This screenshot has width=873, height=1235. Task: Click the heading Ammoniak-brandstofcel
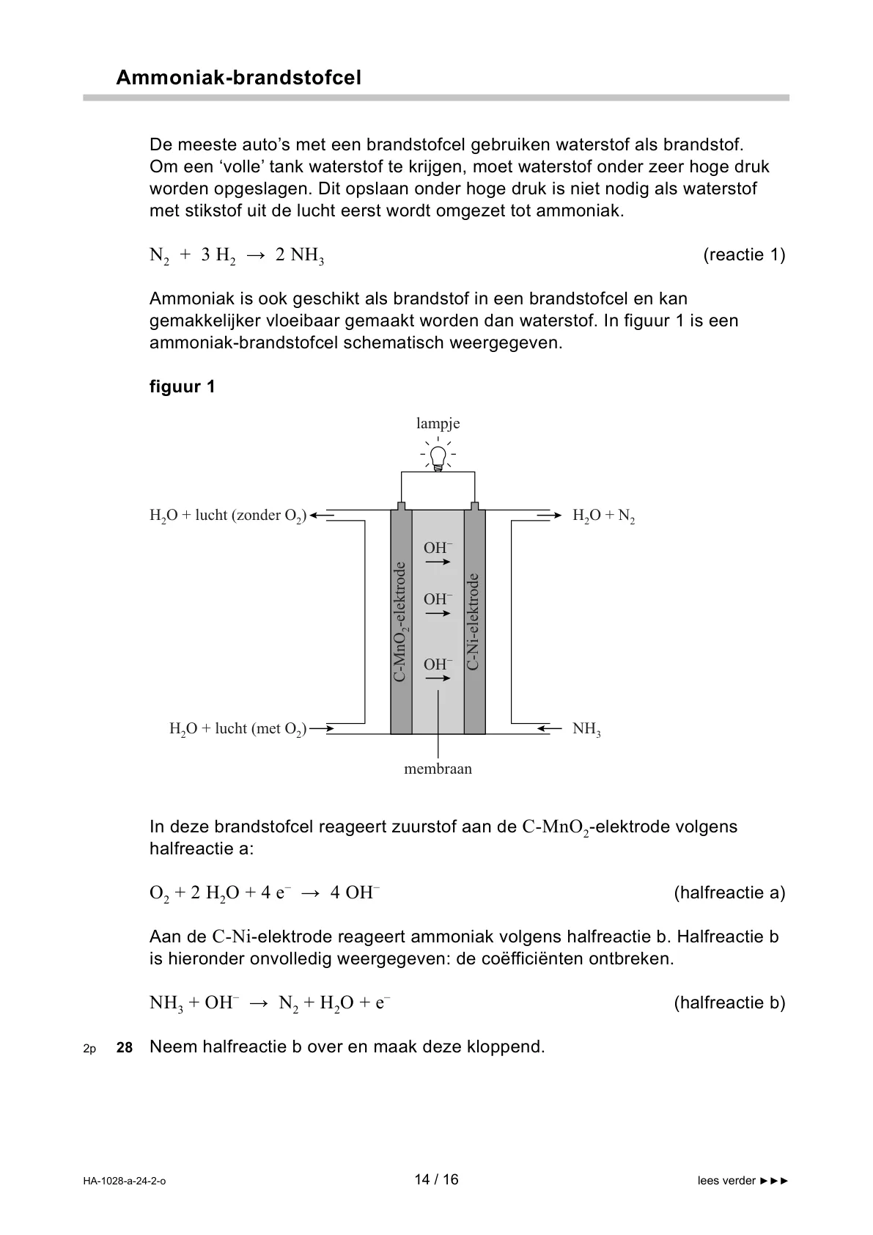[238, 78]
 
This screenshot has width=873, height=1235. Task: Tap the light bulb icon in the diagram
[438, 456]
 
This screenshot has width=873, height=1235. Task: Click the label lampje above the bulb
[438, 423]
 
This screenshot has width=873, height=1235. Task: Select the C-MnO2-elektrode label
[400, 622]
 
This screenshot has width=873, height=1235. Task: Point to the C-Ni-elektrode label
[474, 622]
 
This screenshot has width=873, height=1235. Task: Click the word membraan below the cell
[438, 769]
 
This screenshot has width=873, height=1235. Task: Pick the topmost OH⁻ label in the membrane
[438, 548]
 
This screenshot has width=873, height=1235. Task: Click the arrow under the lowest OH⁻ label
[438, 679]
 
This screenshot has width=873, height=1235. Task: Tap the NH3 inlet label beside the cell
[586, 729]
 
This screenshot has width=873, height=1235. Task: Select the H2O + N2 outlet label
[603, 516]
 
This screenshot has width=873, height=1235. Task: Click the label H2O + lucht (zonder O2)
[228, 516]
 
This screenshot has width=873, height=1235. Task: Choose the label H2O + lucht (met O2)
[238, 729]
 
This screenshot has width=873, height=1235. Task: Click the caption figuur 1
[183, 386]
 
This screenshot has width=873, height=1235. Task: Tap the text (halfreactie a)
[729, 893]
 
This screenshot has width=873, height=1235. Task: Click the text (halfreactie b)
[729, 1003]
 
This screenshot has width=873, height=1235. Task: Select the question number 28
[125, 1048]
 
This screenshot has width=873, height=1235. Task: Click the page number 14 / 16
[436, 1179]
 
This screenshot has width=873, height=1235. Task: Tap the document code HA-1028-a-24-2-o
[125, 1181]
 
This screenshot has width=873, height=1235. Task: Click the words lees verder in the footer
[726, 1181]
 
